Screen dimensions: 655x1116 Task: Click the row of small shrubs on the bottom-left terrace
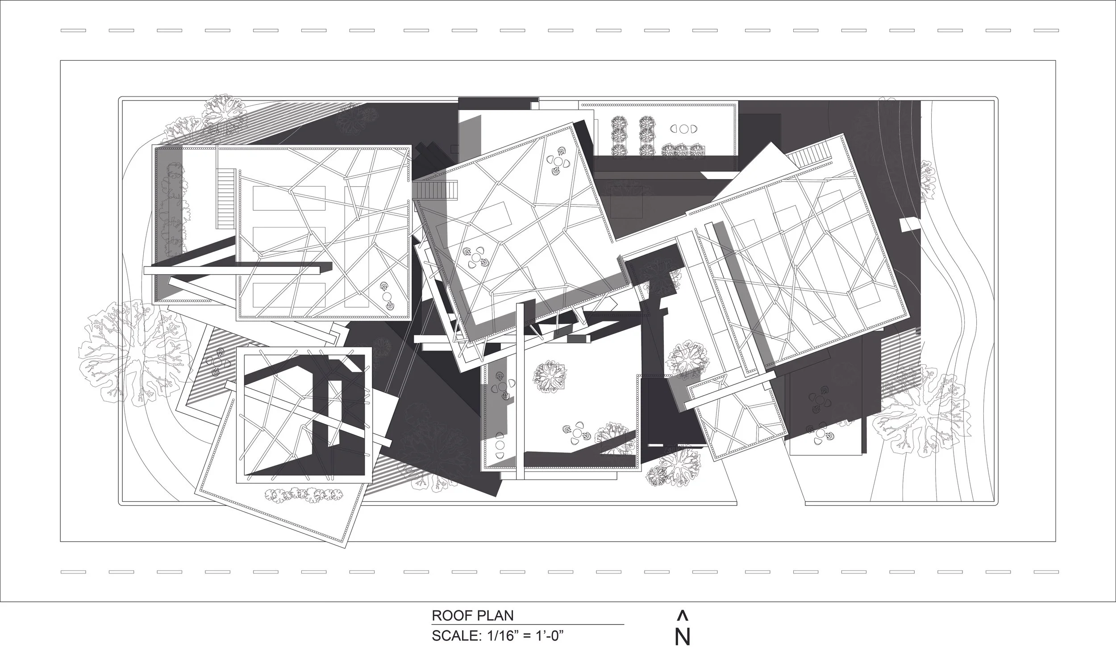[x=304, y=494]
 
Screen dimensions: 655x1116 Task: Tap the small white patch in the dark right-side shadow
[x=910, y=225]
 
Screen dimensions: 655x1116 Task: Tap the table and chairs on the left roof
[x=387, y=296]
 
